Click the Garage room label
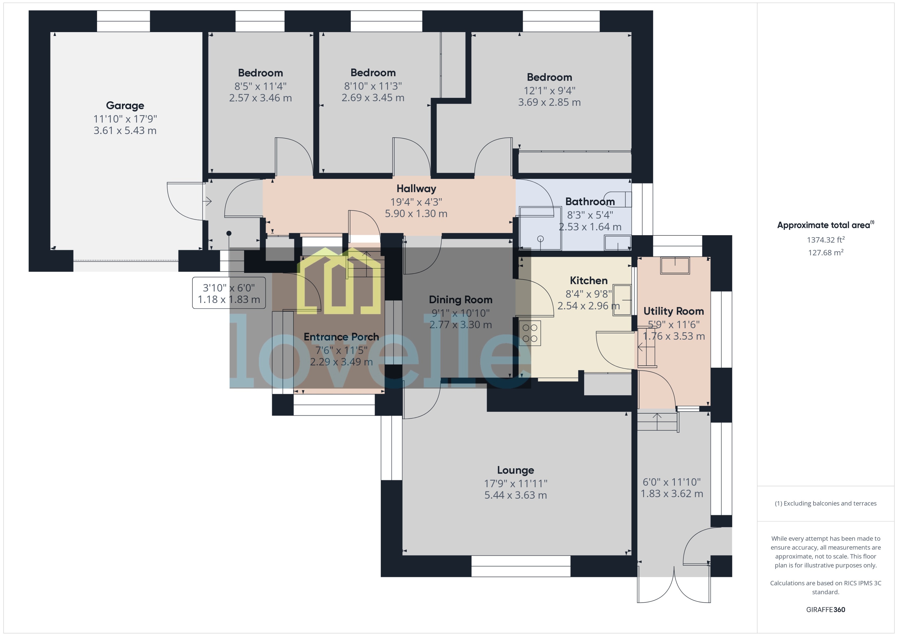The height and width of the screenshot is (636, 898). tap(125, 106)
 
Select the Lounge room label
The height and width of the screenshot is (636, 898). tap(515, 470)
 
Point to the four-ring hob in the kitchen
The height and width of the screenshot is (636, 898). tap(530, 333)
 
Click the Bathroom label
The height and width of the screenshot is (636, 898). tap(590, 202)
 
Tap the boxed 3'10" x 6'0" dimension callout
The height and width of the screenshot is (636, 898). tap(229, 293)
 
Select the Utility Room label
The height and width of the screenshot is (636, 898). tap(673, 311)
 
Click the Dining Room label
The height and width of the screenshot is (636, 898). tap(461, 300)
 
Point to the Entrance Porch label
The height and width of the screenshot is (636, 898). tap(341, 337)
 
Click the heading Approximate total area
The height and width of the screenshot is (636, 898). tap(824, 225)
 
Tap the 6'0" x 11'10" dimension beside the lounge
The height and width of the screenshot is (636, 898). tap(671, 482)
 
